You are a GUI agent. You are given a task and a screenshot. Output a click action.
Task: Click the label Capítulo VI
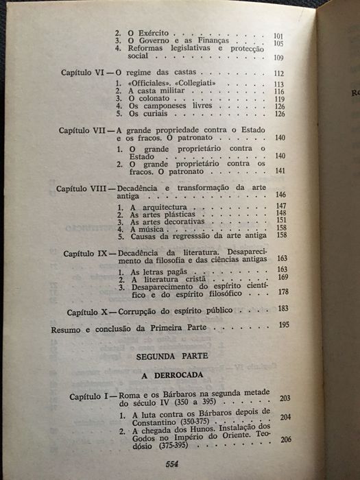(80, 73)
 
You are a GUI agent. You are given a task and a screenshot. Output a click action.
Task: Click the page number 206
(287, 439)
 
